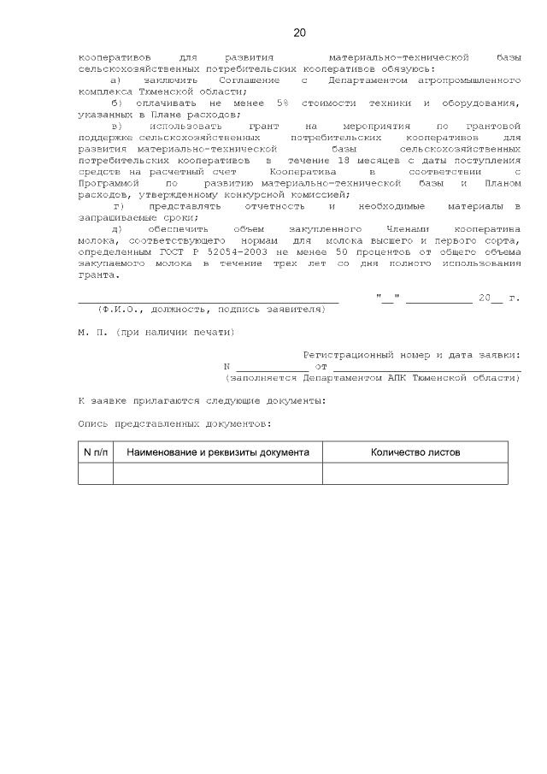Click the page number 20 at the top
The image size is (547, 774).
(299, 33)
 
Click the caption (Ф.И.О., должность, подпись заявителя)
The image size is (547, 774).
(211, 309)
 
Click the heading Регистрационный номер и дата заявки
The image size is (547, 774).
(412, 355)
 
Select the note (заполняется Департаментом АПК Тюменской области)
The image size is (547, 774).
(373, 377)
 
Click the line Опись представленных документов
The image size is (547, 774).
(174, 423)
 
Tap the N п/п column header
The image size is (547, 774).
(95, 452)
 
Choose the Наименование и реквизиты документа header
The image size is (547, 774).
(218, 452)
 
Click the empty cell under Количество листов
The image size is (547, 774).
(415, 473)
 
